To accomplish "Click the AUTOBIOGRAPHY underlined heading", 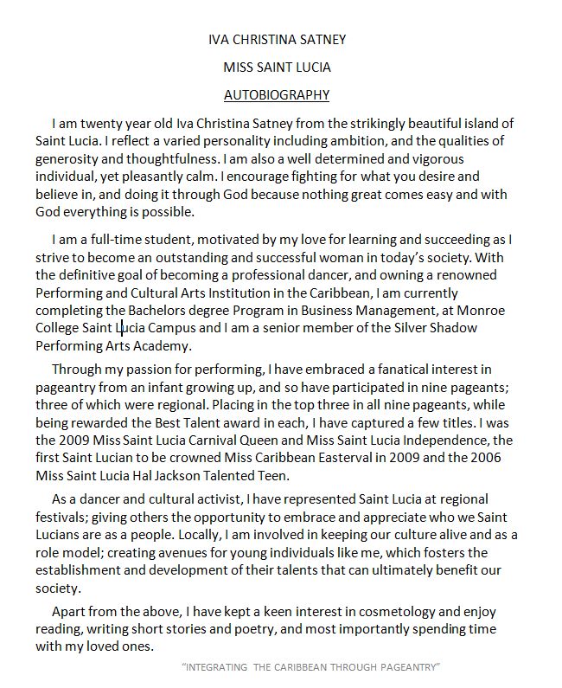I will [x=277, y=94].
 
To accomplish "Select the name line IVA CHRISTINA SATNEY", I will [x=277, y=39].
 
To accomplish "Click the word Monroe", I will [x=481, y=309].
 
